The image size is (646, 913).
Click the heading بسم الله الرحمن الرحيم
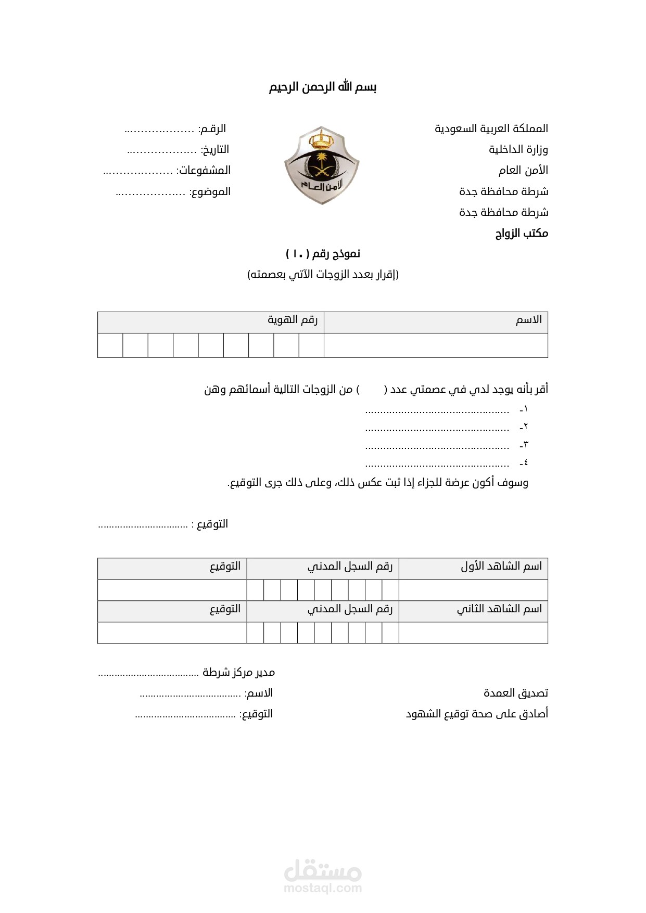pos(323,87)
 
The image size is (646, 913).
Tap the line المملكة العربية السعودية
pos(491,128)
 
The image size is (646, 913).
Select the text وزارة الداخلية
pos(518,150)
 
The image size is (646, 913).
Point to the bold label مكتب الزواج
pos(522,233)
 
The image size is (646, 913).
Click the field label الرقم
pos(212,128)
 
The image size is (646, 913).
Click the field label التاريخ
pos(216,150)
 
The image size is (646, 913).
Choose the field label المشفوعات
pos(204,171)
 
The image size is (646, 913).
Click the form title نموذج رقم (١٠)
pos(323,254)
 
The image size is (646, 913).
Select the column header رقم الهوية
pos(293,319)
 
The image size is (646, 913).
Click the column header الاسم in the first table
pos(529,319)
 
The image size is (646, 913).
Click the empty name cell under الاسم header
pos(436,345)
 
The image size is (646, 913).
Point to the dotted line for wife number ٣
pos(437,446)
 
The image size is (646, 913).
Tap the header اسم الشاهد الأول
pos(501,566)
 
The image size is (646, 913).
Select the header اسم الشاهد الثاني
pos(499,609)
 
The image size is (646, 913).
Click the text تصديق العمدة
pos(515,693)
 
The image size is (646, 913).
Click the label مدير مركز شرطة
pos(239,672)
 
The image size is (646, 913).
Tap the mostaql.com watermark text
pos(323,888)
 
